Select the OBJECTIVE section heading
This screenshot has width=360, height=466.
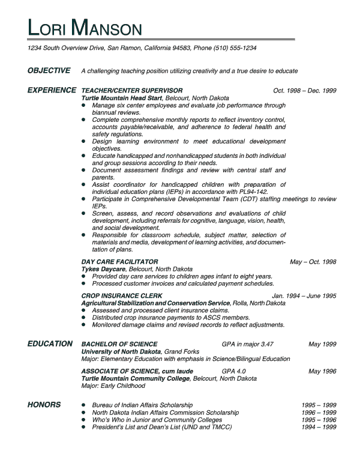49,71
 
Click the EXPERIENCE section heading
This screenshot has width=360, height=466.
52,90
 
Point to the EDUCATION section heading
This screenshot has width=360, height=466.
50,344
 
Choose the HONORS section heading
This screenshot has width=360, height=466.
44,405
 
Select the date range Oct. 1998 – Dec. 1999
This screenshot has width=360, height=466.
304,90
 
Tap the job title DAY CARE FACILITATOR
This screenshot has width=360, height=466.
119,262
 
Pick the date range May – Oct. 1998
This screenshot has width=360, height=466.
313,262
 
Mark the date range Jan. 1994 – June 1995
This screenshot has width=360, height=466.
304,296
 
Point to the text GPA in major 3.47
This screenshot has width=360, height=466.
247,344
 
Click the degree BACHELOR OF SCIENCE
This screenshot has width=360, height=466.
119,344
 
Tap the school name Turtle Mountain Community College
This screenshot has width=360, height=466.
136,378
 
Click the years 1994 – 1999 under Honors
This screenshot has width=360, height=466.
318,427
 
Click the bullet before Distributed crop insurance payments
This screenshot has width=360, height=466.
84,318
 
